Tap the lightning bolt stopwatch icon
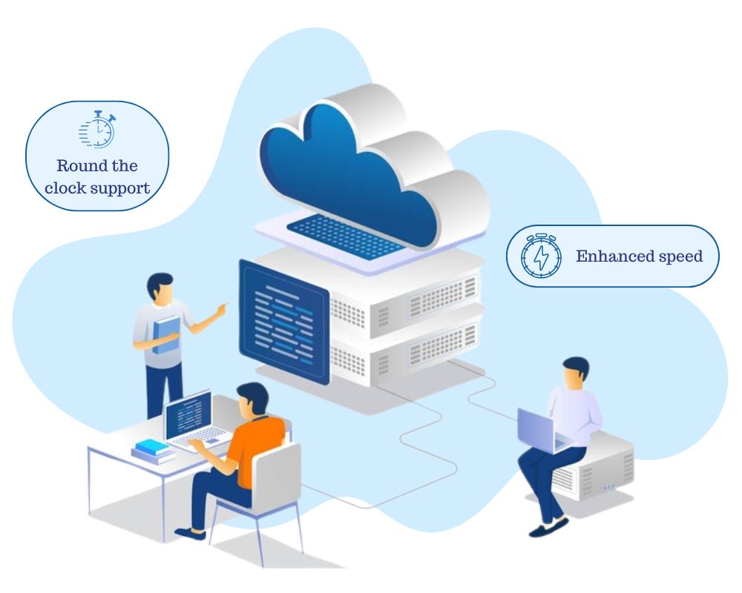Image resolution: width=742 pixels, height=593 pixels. tap(541, 256)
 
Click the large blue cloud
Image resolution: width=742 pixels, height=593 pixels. tap(349, 170)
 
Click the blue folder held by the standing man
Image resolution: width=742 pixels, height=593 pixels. tap(167, 334)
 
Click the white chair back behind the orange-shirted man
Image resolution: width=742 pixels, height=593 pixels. tap(278, 475)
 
